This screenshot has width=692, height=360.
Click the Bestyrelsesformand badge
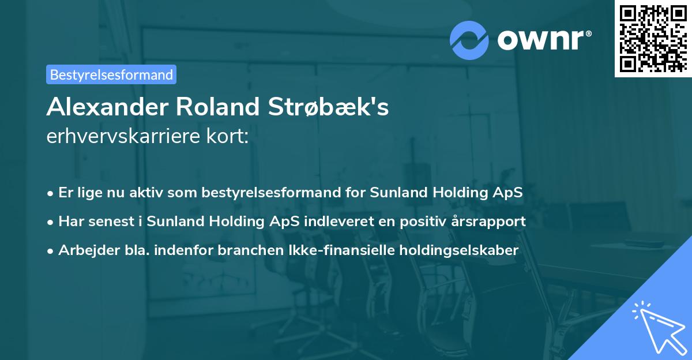click(x=111, y=74)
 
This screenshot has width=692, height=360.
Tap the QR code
click(x=653, y=38)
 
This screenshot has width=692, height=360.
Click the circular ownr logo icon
click(x=469, y=39)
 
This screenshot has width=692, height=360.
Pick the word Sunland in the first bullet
click(x=381, y=193)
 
